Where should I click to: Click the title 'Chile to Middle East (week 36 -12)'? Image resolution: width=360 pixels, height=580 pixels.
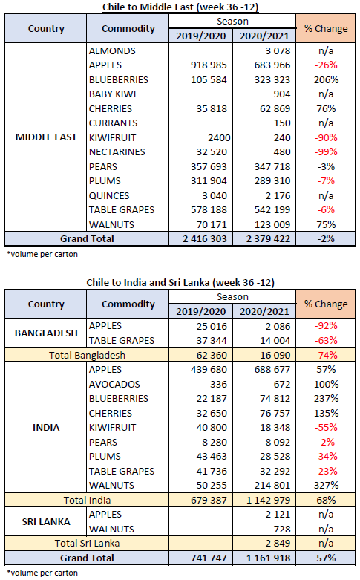(180, 7)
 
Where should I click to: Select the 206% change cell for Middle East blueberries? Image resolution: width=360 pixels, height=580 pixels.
(326, 80)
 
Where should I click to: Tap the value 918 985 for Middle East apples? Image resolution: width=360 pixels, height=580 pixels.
(209, 65)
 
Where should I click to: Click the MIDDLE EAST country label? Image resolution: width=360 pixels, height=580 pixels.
(46, 137)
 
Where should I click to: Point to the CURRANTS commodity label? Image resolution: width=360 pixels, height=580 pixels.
(113, 123)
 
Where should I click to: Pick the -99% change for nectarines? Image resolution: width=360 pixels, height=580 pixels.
(326, 152)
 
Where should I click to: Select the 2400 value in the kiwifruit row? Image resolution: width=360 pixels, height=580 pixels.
(219, 138)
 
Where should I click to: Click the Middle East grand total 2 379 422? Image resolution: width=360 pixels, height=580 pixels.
(268, 239)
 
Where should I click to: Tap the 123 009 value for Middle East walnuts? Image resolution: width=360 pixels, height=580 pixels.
(272, 225)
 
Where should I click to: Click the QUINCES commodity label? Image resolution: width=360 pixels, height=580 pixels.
(109, 195)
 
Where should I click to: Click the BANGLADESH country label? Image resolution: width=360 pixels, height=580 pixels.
(46, 333)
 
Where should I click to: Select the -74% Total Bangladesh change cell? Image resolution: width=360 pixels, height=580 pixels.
(326, 356)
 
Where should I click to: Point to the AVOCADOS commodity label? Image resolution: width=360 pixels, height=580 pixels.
(114, 385)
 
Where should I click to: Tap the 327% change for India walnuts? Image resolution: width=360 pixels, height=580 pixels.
(326, 485)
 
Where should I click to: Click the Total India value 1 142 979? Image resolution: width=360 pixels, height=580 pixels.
(268, 501)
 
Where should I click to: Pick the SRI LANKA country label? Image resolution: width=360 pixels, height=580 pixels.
(46, 522)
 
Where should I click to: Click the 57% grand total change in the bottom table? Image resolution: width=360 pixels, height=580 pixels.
(326, 558)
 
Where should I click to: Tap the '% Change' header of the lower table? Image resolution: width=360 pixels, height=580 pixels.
(326, 304)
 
